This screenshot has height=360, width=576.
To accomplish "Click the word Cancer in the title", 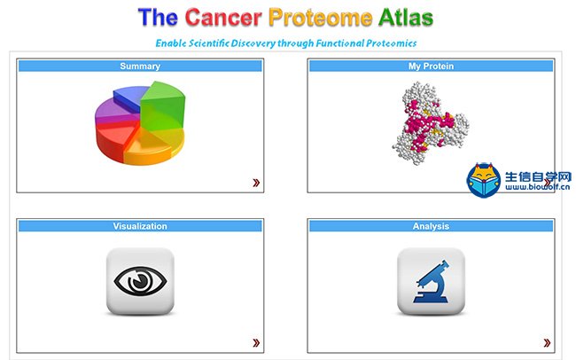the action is (223, 17).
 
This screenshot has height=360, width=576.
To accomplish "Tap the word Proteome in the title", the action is (320, 18).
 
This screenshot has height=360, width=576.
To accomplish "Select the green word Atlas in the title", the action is (406, 17).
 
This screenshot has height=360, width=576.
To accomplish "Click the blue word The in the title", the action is (158, 17).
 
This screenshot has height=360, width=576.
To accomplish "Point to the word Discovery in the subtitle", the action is (253, 43).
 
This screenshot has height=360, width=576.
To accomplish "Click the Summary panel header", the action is (140, 67).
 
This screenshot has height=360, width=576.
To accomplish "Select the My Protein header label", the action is (431, 67).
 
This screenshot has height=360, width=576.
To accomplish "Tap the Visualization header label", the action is (140, 226).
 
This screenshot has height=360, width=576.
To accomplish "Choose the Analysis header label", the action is (431, 226).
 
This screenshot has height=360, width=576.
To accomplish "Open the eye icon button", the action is (140, 281).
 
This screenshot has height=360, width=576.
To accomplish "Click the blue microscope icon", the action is (431, 282).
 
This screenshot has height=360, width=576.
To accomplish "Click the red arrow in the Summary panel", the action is (256, 183).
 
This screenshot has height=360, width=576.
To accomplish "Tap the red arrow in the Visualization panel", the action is (256, 343).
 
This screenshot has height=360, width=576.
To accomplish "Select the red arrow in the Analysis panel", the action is (547, 343).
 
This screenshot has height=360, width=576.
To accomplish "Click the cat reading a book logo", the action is (484, 180).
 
